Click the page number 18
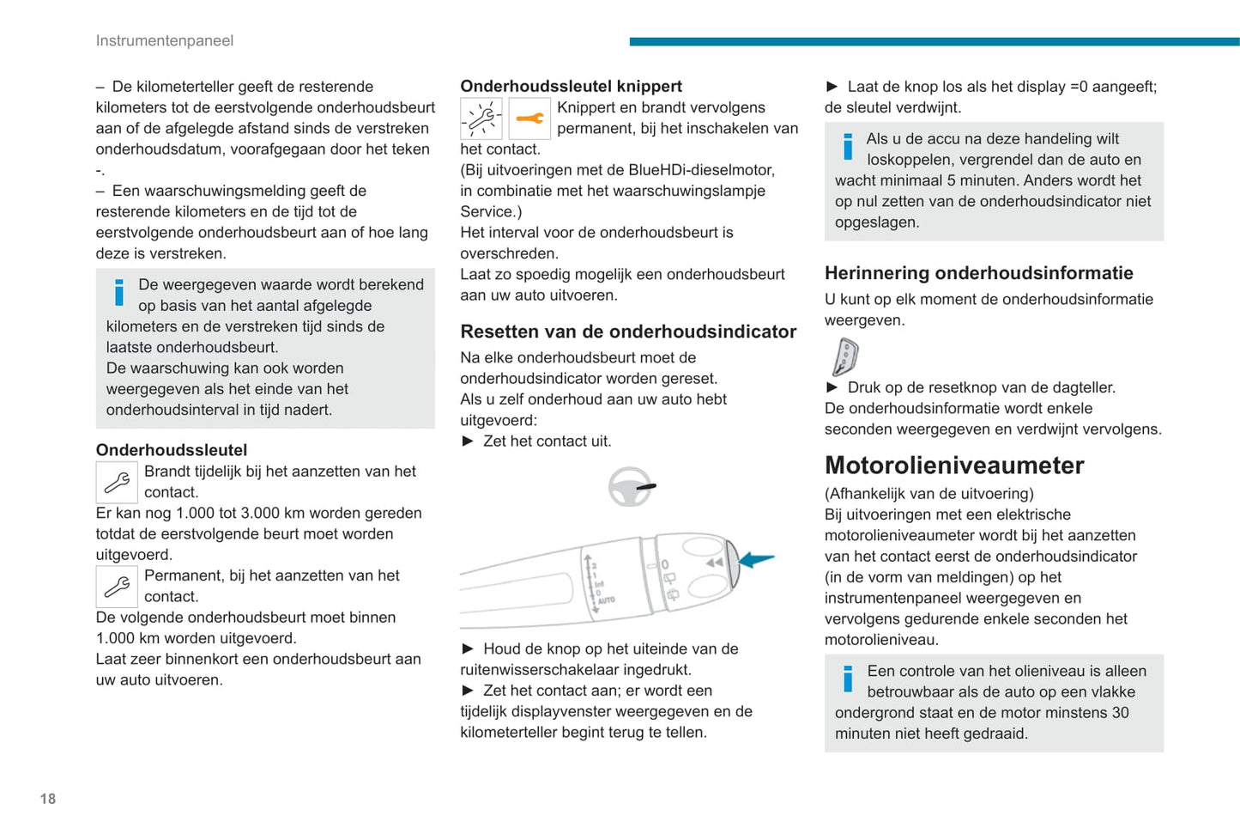pyautogui.click(x=48, y=799)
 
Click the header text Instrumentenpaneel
pyautogui.click(x=164, y=40)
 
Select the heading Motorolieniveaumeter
pyautogui.click(x=954, y=466)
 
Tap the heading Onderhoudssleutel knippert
pyautogui.click(x=571, y=86)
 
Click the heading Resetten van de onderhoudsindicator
pyautogui.click(x=628, y=332)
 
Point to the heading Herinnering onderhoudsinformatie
pyautogui.click(x=978, y=273)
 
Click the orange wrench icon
pyautogui.click(x=529, y=119)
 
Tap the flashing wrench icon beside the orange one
pyautogui.click(x=481, y=119)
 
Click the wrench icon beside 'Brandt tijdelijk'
pyautogui.click(x=117, y=482)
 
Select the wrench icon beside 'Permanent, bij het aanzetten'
pyautogui.click(x=117, y=587)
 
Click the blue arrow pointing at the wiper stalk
pyautogui.click(x=756, y=559)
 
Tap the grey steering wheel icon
pyautogui.click(x=631, y=487)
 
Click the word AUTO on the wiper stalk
pyautogui.click(x=606, y=600)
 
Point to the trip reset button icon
pyautogui.click(x=845, y=356)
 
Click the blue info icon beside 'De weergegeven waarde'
pyautogui.click(x=119, y=292)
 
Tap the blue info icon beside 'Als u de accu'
pyautogui.click(x=848, y=146)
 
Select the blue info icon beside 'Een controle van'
pyautogui.click(x=848, y=679)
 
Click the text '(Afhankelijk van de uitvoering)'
pyautogui.click(x=928, y=494)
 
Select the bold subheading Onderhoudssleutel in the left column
pyautogui.click(x=172, y=450)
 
